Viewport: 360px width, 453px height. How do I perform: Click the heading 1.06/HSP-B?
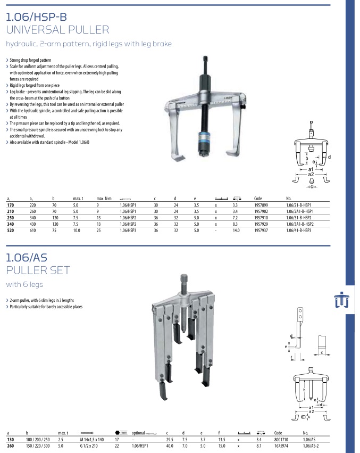tap(36, 17)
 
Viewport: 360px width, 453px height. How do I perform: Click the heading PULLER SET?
tap(38, 270)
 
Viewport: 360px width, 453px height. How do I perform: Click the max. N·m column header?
tap(103, 197)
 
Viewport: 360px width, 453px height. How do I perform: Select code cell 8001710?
tap(281, 440)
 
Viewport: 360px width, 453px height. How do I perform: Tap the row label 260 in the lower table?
tap(10, 446)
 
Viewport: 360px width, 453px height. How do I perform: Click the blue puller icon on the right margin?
tap(341, 301)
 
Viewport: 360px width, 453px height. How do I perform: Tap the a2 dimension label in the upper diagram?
tap(311, 175)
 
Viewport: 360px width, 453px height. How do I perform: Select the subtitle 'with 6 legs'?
tap(24, 284)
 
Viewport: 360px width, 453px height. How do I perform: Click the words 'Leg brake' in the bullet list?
tap(20, 92)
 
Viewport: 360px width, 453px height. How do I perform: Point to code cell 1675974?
tap(281, 446)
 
